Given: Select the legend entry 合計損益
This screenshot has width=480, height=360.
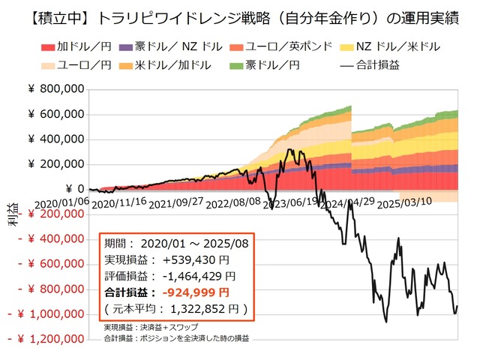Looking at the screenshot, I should [x=372, y=65].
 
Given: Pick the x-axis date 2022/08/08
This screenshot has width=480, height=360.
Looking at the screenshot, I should [x=235, y=202].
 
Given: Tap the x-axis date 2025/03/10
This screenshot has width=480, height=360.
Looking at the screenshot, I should [x=405, y=202].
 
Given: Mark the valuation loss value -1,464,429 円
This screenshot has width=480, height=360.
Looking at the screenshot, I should [x=196, y=277].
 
